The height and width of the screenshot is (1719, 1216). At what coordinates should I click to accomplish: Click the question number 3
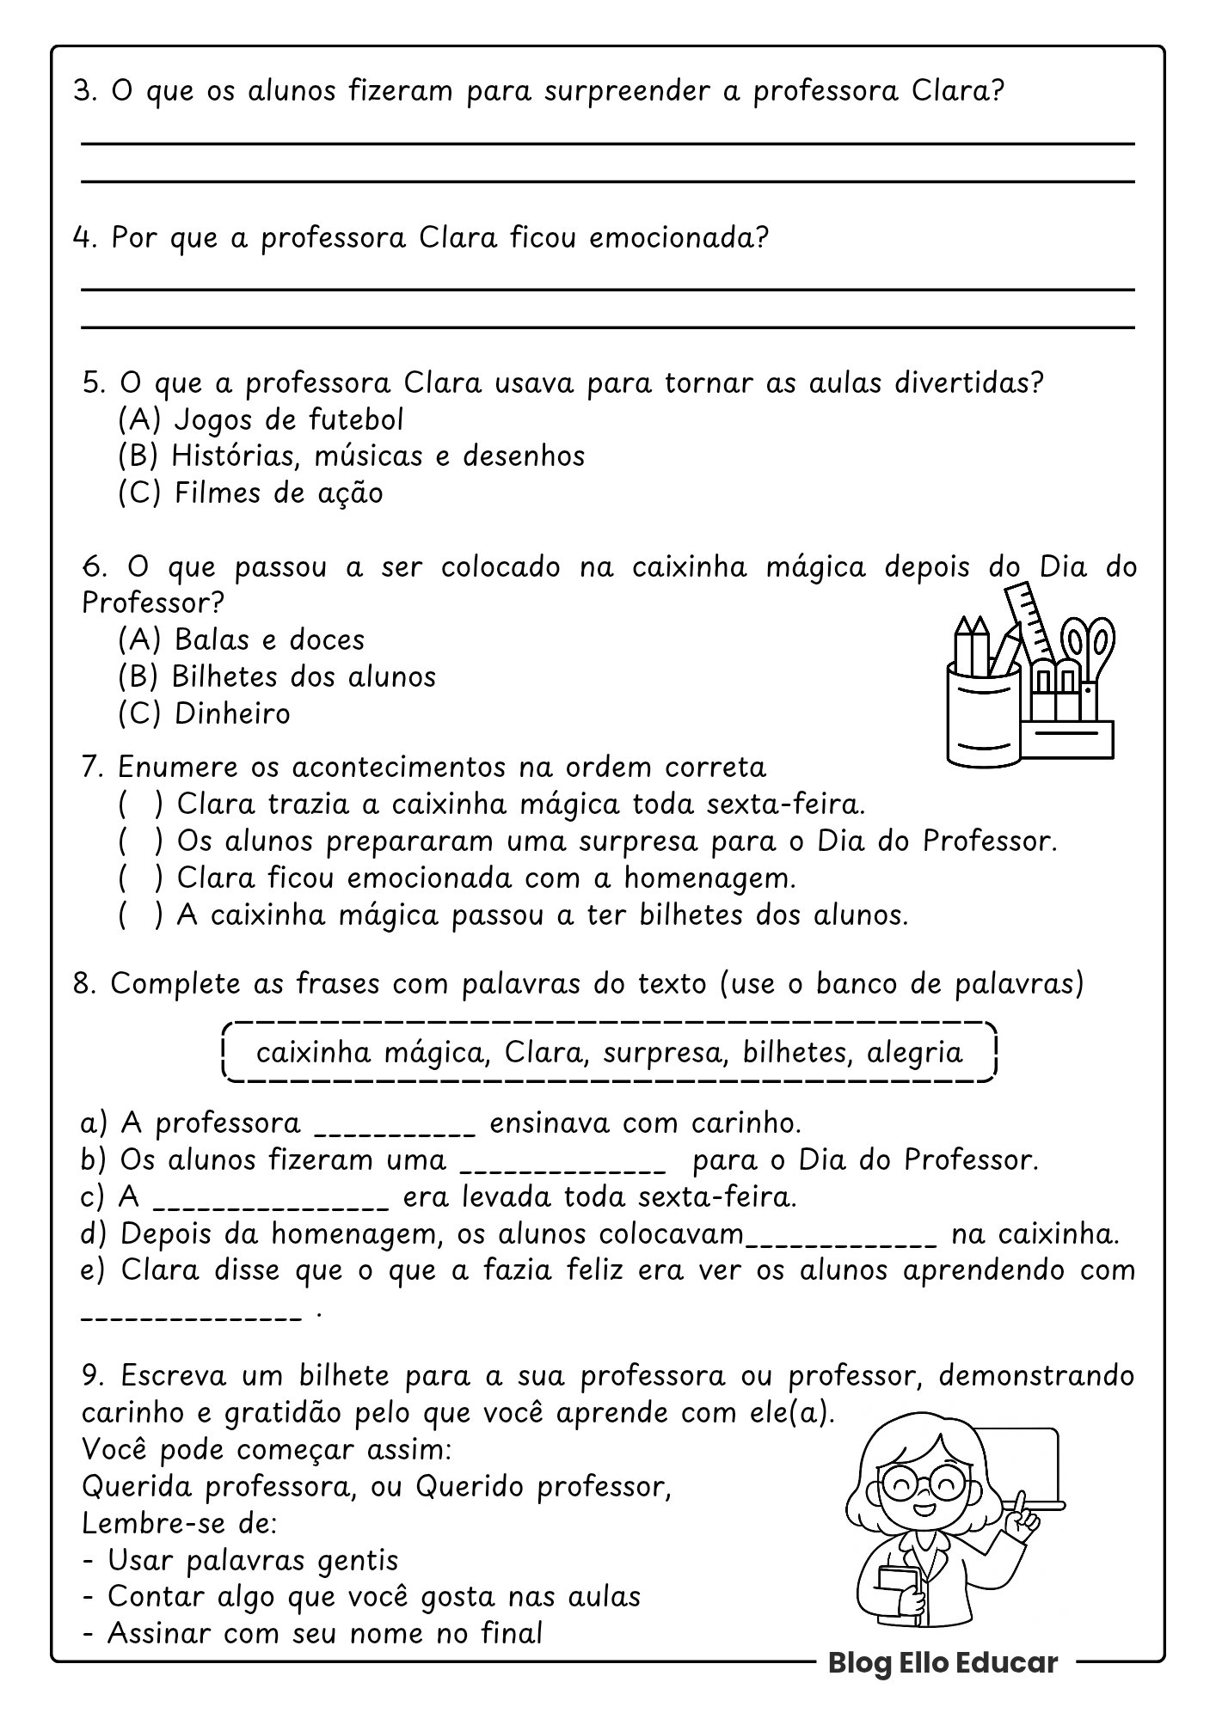83,91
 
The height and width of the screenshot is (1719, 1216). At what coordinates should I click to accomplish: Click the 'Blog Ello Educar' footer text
943,1662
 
